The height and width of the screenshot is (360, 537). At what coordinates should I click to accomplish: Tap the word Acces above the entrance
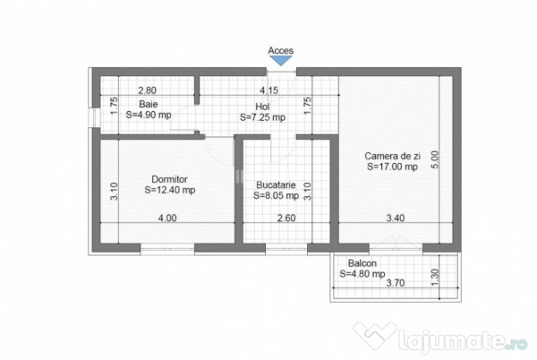280,50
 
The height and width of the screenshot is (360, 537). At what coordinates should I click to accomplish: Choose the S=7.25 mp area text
262,117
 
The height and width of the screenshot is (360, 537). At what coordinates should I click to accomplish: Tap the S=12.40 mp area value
169,190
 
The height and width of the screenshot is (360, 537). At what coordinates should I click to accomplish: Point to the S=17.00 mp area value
391,166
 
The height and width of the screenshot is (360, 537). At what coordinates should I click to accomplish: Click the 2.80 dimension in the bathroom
148,90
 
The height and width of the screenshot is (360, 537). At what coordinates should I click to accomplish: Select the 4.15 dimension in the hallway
268,90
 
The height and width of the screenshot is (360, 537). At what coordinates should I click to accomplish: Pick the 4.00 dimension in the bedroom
167,218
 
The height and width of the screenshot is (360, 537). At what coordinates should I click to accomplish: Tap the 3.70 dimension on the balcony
395,283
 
